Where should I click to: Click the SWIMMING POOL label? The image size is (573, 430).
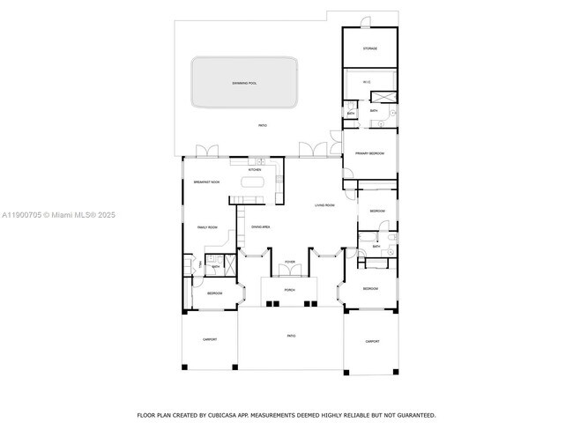(x=244, y=83)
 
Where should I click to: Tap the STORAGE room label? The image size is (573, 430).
(x=370, y=48)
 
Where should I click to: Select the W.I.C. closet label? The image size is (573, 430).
(x=368, y=83)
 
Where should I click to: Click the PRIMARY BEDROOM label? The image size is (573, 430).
(x=370, y=153)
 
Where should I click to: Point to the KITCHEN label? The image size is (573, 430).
(x=254, y=170)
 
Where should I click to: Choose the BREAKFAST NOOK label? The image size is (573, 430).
(x=206, y=182)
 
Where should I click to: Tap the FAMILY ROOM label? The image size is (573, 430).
(x=206, y=227)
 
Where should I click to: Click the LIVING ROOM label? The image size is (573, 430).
(x=324, y=205)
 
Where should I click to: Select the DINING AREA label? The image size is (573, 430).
(x=260, y=227)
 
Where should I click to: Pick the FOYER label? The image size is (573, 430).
(x=289, y=263)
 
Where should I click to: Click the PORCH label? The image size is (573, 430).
(x=289, y=290)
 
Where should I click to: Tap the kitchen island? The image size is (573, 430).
(x=254, y=183)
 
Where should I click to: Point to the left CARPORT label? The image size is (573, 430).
(x=210, y=339)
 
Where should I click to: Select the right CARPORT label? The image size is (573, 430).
(x=372, y=341)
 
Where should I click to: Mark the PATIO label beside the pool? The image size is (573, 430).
(x=263, y=126)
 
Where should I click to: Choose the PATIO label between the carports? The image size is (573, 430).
(x=290, y=336)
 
